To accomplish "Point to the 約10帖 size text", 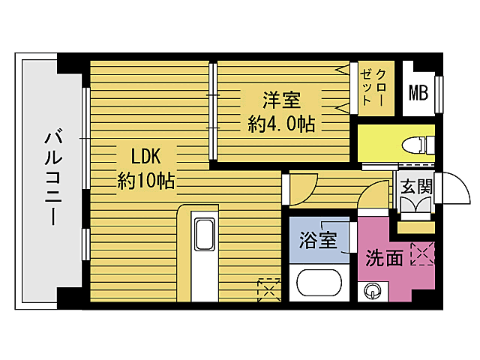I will click(146, 181).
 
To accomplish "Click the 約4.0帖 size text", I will click(280, 123).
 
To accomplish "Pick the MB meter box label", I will click(417, 93).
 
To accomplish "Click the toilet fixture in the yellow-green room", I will click(415, 144).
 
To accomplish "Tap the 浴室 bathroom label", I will click(318, 241).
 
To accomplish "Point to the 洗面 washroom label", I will click(384, 259).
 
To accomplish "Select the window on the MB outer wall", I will click(439, 91).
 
